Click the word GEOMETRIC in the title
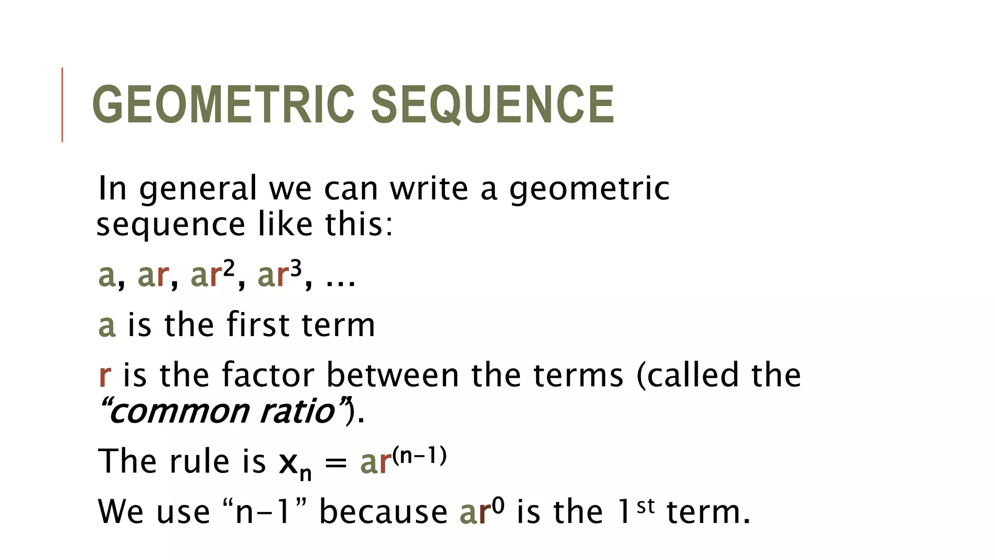coord(223,105)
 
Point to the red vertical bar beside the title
coord(62,105)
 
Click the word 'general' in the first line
coord(198,190)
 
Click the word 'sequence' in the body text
coord(171,226)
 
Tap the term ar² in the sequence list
coord(213,274)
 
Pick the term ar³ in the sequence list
coord(279,274)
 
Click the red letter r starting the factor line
coord(104,376)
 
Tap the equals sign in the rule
coord(336,462)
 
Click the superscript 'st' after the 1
coord(646,506)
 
